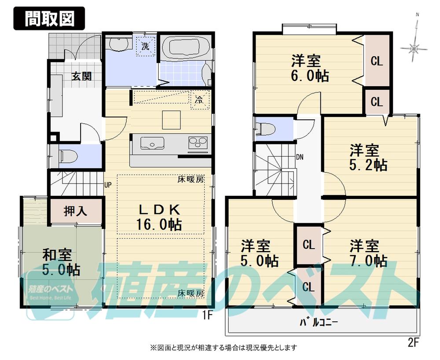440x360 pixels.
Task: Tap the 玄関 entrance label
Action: coord(82,76)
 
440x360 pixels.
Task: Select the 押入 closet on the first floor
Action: coord(76,211)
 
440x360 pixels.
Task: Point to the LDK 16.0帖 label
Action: coord(159,217)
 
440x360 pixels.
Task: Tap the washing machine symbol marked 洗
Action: coord(145,45)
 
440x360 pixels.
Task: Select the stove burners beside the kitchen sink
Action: coord(198,143)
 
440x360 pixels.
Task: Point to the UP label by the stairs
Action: coord(108,184)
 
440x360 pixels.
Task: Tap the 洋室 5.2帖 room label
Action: coord(368,158)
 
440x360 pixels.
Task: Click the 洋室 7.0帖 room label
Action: coord(368,253)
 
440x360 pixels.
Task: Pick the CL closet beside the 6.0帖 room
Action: coord(377,61)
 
